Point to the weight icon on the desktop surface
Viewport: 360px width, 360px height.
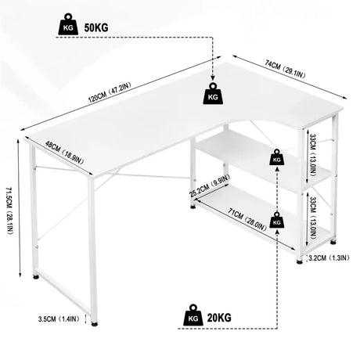pyautogui.click(x=213, y=94)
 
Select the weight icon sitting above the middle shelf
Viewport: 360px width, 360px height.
pyautogui.click(x=276, y=159)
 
